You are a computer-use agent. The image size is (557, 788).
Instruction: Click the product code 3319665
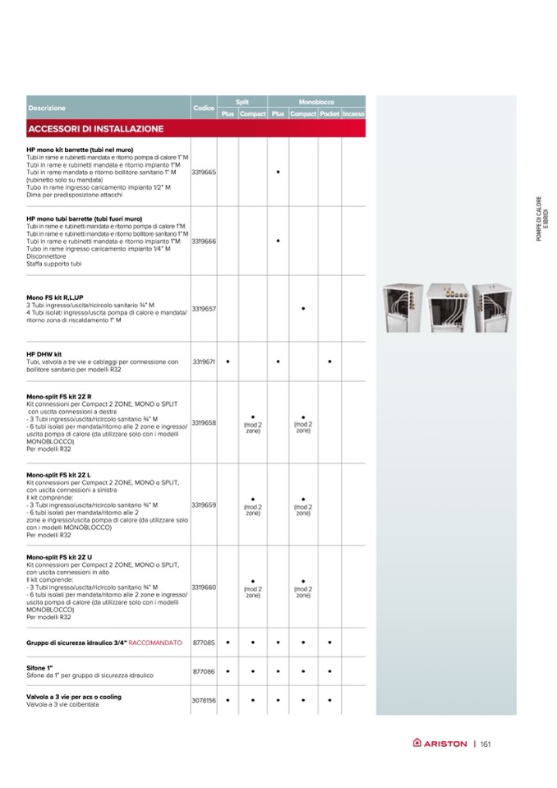pos(203,173)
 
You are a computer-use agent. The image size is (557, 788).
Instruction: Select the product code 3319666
pos(203,242)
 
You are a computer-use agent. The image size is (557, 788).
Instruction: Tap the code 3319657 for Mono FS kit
pos(203,309)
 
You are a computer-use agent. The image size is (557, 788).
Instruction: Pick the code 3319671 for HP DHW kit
pos(203,362)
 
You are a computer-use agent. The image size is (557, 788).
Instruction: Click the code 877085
pos(203,642)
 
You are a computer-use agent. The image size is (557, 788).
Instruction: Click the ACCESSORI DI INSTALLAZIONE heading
pos(95,129)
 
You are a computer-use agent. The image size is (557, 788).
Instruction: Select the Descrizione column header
pos(46,108)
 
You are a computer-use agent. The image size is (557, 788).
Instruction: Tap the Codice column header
pos(203,108)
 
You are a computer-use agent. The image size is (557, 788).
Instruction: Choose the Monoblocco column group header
pos(316,100)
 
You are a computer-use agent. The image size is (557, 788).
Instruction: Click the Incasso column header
pos(354,113)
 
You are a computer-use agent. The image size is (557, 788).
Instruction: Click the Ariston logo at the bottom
pos(440,744)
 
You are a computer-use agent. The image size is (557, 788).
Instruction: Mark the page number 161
pos(486,744)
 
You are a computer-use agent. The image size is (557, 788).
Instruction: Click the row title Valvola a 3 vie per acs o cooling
pos(74,697)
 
